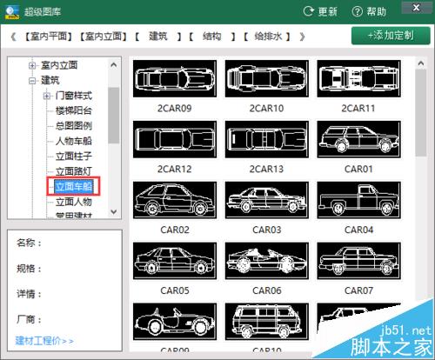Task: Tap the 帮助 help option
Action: pos(369,11)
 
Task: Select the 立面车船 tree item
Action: pos(73,184)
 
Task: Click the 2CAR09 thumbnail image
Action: pos(174,79)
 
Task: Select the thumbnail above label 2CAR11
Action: pos(358,79)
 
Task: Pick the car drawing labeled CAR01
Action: pos(358,138)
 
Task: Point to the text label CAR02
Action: pos(174,230)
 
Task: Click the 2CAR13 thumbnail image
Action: pos(265,138)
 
